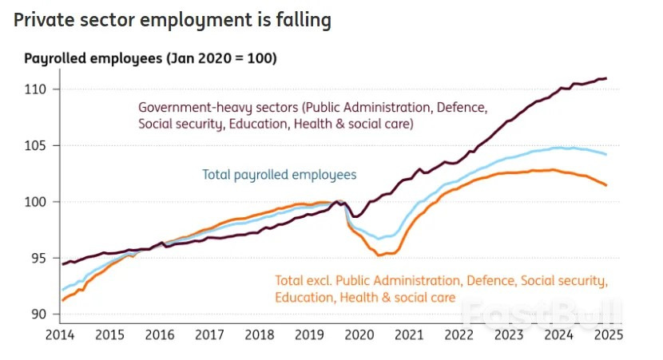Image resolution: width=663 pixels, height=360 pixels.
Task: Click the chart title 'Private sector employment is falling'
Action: tap(173, 21)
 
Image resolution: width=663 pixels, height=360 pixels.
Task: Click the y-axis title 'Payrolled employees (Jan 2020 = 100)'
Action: tap(150, 58)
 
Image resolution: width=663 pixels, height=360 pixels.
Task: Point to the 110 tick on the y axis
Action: tap(39, 89)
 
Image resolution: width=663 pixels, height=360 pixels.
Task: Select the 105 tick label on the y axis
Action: tap(39, 146)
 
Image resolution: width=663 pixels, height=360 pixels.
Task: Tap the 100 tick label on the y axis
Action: tap(39, 202)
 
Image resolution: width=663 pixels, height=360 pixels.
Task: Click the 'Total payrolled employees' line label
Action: tap(279, 174)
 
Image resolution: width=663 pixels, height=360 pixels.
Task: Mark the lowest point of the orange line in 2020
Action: tap(379, 255)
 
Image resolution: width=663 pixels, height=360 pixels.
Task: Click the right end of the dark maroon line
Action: tap(607, 78)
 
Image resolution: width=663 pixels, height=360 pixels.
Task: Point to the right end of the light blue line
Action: tap(607, 154)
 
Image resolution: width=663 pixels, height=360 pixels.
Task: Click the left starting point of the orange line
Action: tap(62, 300)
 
